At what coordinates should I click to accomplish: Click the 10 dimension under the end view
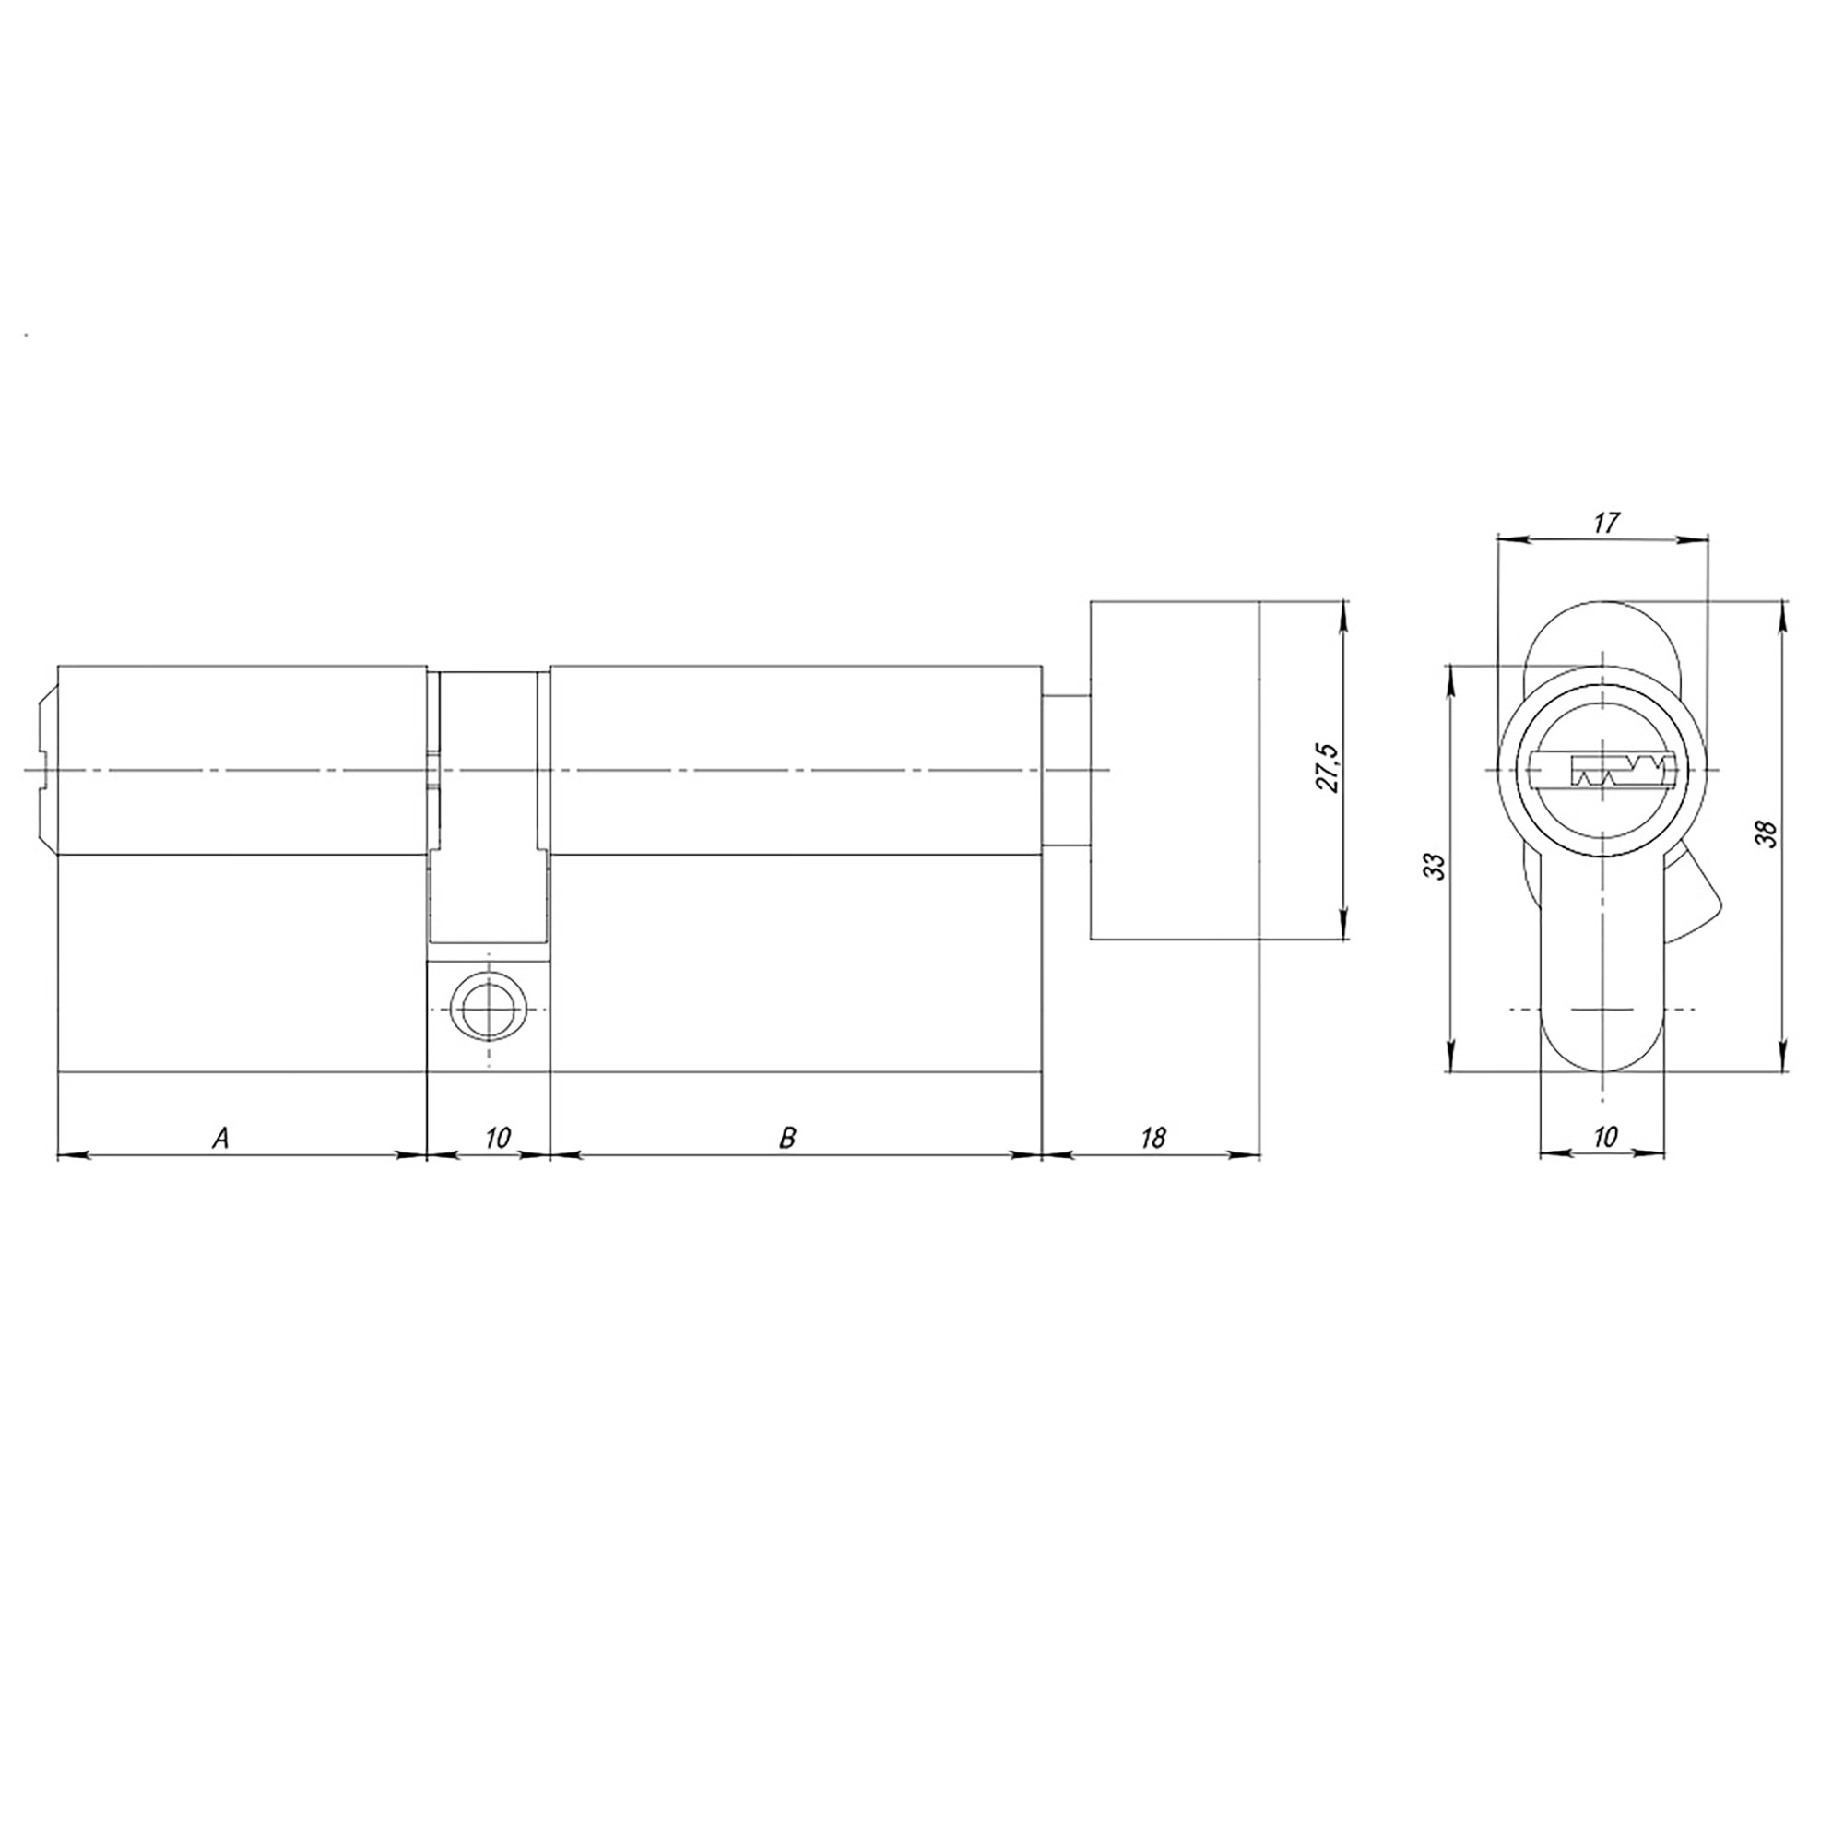(1605, 1137)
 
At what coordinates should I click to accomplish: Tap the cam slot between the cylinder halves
(488, 802)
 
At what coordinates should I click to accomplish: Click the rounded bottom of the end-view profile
(1604, 1059)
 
